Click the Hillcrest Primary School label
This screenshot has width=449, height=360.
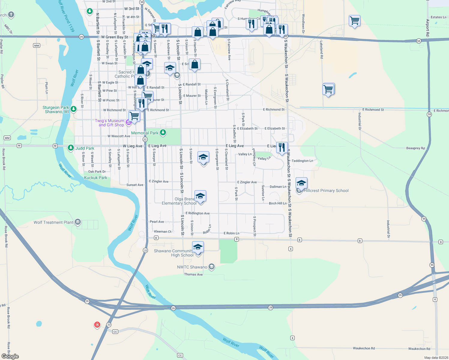pyautogui.click(x=326, y=190)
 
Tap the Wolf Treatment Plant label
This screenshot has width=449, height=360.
pyautogui.click(x=53, y=222)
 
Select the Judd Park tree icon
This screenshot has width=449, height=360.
pyautogui.click(x=71, y=148)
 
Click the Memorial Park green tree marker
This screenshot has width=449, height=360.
pyautogui.click(x=163, y=132)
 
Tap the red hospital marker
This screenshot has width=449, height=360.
pyautogui.click(x=97, y=325)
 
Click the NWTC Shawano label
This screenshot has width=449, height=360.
pyautogui.click(x=192, y=267)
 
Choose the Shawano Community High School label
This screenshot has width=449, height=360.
pyautogui.click(x=173, y=253)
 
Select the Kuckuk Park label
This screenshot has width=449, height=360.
pyautogui.click(x=95, y=178)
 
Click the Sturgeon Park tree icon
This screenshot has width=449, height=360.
pyautogui.click(x=73, y=109)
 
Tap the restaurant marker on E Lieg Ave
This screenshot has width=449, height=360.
pyautogui.click(x=282, y=147)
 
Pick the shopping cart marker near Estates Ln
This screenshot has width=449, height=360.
pyautogui.click(x=354, y=21)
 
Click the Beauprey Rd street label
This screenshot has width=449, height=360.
pyautogui.click(x=415, y=148)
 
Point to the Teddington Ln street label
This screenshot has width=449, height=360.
pyautogui.click(x=302, y=161)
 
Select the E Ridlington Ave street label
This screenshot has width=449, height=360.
pyautogui.click(x=197, y=213)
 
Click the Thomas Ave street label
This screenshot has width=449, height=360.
pyautogui.click(x=193, y=274)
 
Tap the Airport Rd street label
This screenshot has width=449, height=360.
pyautogui.click(x=428, y=28)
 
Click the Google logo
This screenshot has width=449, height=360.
pyautogui.click(x=10, y=356)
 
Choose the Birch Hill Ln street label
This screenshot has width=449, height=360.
pyautogui.click(x=278, y=203)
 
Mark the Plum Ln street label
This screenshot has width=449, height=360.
pyautogui.click(x=47, y=88)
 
